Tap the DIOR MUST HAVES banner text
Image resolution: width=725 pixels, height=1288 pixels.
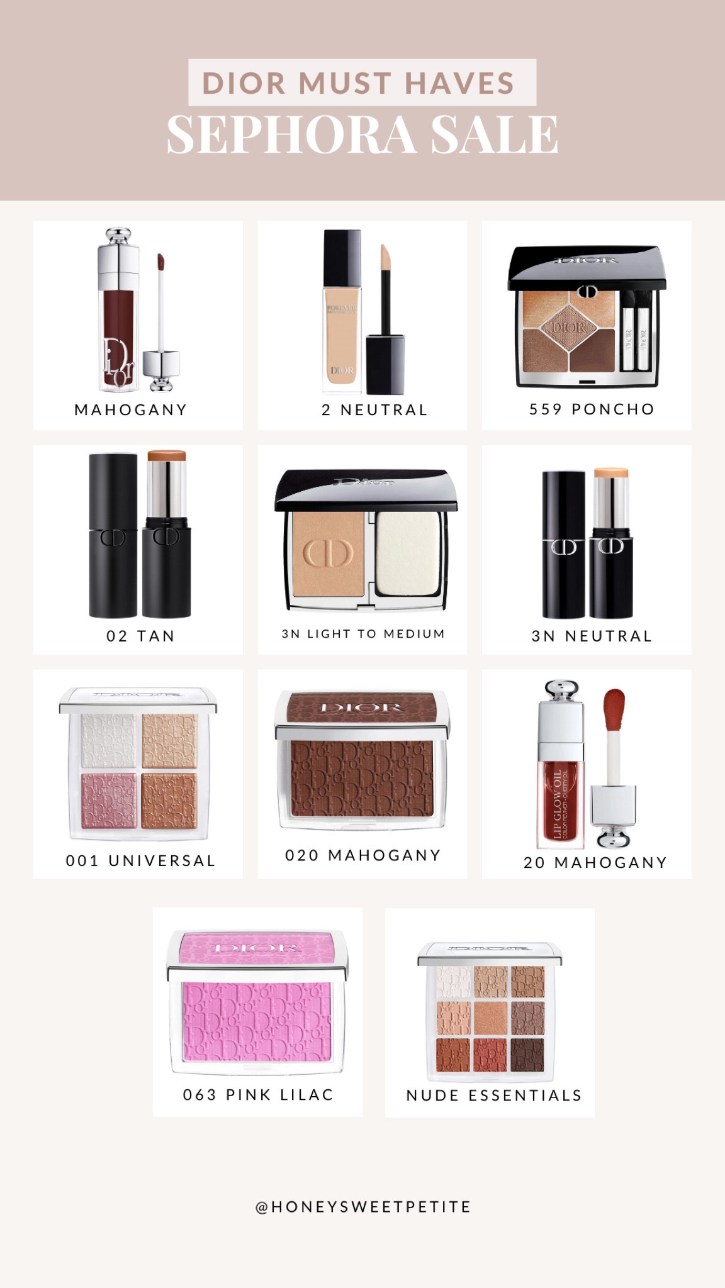point(362,83)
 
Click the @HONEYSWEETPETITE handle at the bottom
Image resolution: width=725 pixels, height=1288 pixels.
point(362,1207)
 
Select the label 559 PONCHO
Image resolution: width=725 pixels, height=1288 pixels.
point(592,409)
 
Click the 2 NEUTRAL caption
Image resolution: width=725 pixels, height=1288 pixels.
point(374,410)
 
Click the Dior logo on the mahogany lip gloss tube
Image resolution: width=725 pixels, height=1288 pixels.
point(118,362)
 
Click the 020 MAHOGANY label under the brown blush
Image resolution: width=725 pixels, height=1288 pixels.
point(362,855)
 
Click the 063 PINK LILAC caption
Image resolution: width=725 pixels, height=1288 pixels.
point(258,1095)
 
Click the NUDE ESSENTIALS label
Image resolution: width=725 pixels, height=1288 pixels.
point(494,1096)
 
